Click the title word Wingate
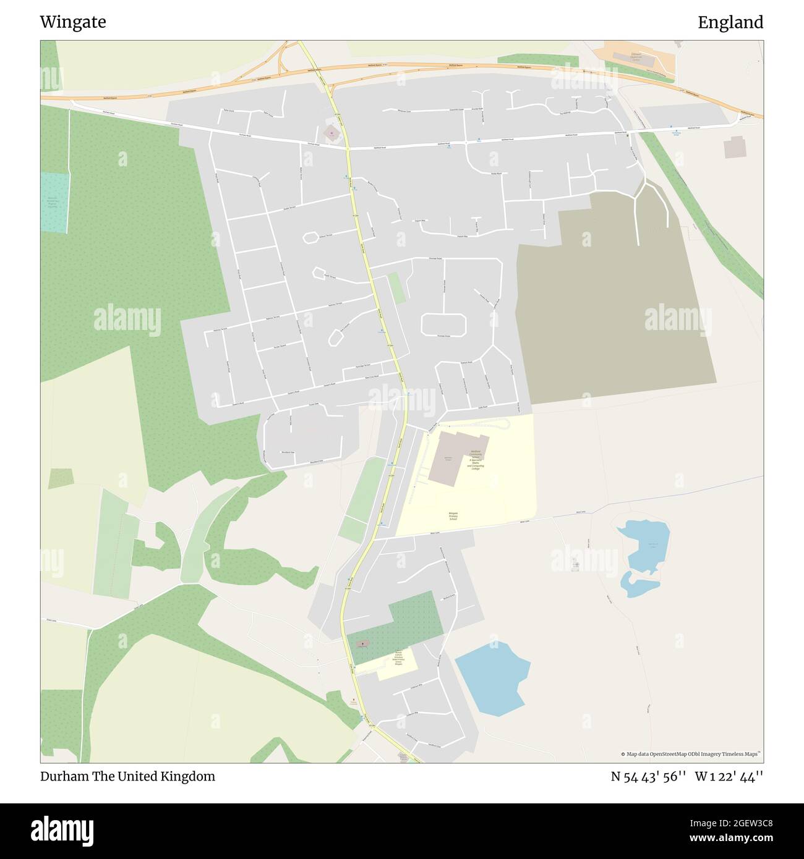click(x=73, y=22)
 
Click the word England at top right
click(x=730, y=22)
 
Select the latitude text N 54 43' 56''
click(x=649, y=776)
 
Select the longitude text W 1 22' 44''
click(x=729, y=776)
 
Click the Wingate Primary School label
click(x=454, y=516)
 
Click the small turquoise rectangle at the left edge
click(x=55, y=203)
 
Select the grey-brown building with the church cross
click(x=362, y=644)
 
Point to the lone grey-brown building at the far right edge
click(x=735, y=148)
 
